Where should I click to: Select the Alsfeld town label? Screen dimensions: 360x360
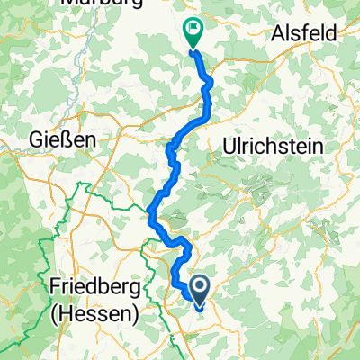303,33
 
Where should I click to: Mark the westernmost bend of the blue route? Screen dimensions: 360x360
149,212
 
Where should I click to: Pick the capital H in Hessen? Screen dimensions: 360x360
67,315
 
